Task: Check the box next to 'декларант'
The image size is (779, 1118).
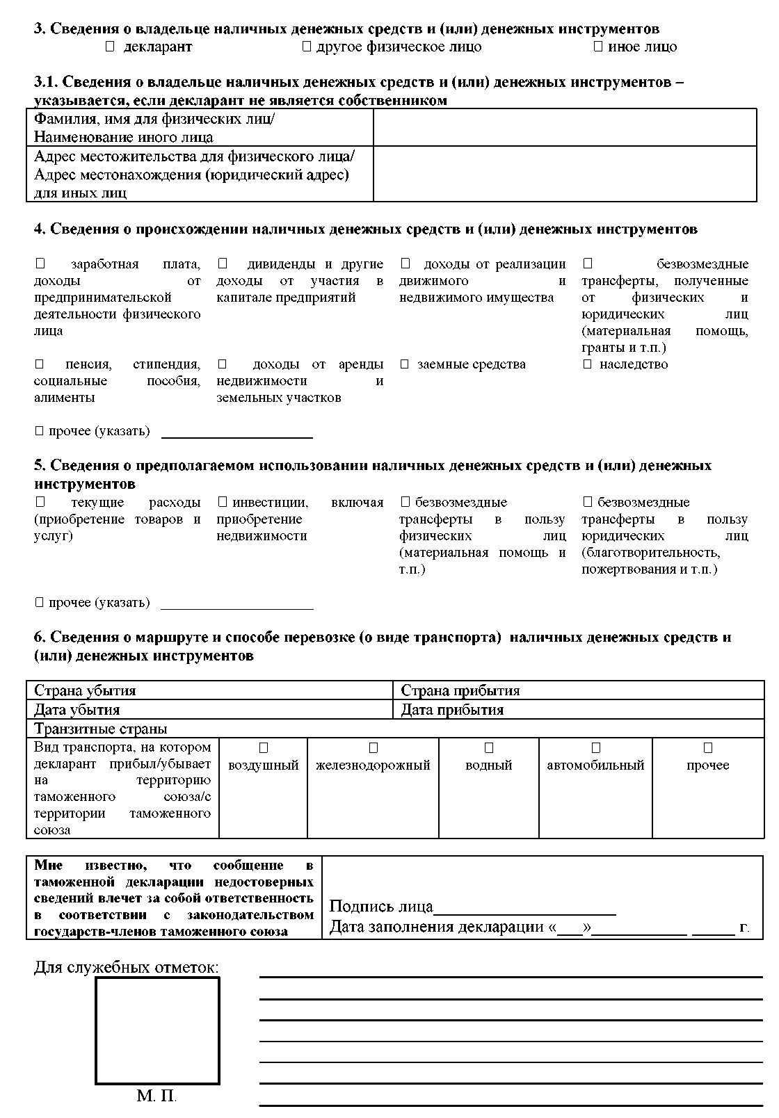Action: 109,47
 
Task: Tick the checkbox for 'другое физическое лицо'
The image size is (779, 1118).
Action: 306,47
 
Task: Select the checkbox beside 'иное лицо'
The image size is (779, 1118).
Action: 597,47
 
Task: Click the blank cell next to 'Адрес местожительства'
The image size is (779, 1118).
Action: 564,174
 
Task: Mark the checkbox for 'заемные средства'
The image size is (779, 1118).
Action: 405,364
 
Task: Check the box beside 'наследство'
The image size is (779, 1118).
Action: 588,364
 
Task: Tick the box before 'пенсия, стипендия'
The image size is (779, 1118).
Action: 40,364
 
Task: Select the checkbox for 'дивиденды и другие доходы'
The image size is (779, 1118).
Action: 223,264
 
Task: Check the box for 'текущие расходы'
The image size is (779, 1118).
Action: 40,502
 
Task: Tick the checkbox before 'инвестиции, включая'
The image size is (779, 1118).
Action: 223,502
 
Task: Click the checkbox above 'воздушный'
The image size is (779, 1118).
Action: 264,748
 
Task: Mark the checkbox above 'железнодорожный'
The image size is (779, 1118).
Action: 374,748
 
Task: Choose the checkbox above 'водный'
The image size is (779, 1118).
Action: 489,748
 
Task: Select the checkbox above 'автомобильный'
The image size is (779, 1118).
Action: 596,748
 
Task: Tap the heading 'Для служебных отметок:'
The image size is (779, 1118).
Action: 126,968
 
